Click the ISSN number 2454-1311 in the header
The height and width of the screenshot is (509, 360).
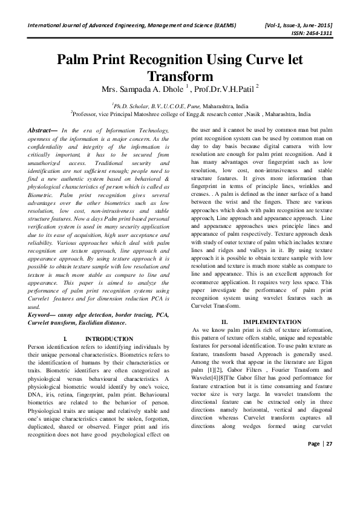coord(317,34)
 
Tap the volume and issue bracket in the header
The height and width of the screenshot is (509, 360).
coord(298,25)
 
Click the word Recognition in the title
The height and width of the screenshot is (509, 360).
coord(161,60)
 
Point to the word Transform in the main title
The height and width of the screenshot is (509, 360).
coord(180,76)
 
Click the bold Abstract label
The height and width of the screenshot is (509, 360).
coord(43,130)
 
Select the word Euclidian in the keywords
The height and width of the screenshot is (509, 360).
coord(120,322)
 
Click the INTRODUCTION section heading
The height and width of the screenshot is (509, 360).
coord(109,339)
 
